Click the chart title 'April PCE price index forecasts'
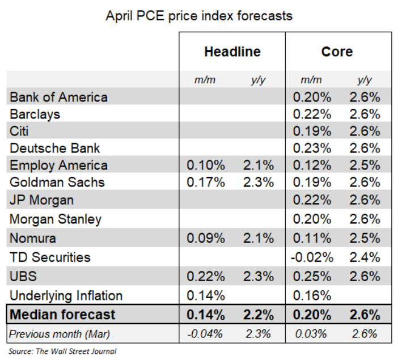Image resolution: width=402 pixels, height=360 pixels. coord(199,16)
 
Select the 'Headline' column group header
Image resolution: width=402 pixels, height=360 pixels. coord(232,52)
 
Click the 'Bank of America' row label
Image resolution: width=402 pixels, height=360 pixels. coord(59,97)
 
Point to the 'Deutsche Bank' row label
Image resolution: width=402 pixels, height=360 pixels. coord(55,148)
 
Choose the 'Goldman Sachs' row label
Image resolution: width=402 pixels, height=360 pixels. coord(58,182)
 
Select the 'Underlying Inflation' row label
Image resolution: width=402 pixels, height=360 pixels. coord(66,295)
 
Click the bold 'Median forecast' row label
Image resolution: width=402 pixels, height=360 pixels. coord(63,314)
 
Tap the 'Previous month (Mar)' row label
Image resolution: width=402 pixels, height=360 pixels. coord(61,333)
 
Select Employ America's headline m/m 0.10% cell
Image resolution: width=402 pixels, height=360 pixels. coord(206,165)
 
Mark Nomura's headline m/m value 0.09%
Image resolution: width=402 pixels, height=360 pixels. coord(206,239)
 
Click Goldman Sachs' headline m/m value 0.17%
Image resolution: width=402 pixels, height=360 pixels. coord(206,182)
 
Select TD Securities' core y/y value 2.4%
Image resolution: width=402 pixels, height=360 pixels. coord(365,257)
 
